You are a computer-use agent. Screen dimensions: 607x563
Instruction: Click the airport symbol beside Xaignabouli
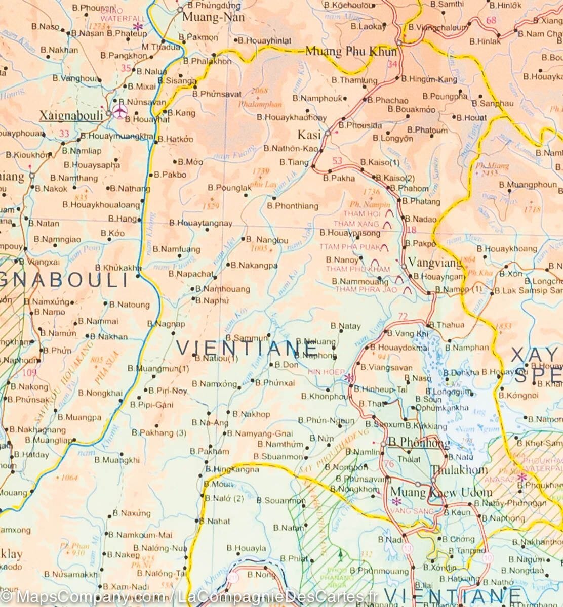pos(120,112)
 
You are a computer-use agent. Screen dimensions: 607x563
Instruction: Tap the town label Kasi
pos(309,135)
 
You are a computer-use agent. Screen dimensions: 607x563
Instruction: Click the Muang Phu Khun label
pos(344,51)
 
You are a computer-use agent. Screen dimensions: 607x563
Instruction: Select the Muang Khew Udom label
pos(441,492)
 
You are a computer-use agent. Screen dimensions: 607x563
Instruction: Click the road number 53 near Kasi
pos(338,161)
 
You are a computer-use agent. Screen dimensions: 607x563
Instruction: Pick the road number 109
pos(29,373)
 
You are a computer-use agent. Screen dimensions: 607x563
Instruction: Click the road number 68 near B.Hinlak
pos(491,21)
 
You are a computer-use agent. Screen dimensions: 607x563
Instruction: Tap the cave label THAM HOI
pos(361,214)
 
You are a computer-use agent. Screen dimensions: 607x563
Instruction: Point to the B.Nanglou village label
pos(267,240)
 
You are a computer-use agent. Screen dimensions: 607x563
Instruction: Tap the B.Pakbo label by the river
pos(170,175)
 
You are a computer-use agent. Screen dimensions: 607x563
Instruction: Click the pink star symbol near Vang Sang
pos(397,501)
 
